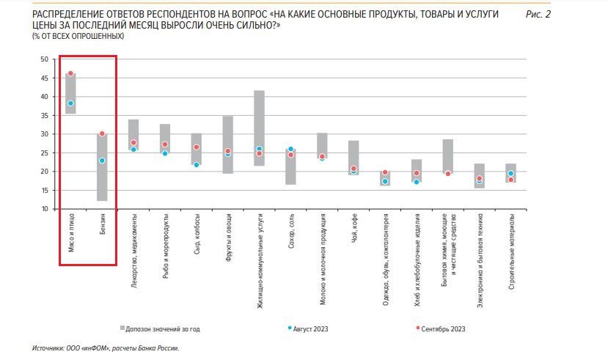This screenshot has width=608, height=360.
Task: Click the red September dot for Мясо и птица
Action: pyautogui.click(x=70, y=73)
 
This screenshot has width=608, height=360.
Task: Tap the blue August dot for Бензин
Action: pyautogui.click(x=102, y=161)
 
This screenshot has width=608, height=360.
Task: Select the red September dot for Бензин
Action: pyautogui.click(x=102, y=134)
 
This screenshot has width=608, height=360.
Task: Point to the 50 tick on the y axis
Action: pyautogui.click(x=45, y=59)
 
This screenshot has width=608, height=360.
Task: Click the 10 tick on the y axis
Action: pyautogui.click(x=45, y=209)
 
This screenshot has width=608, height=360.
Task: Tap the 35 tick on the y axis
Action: pyautogui.click(x=45, y=115)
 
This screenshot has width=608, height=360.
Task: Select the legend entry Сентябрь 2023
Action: pyautogui.click(x=442, y=328)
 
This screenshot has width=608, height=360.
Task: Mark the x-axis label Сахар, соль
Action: pyautogui.click(x=291, y=232)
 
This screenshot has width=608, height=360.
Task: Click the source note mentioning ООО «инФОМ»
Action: pyautogui.click(x=106, y=348)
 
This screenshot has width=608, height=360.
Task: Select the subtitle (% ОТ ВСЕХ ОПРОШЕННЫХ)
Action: pyautogui.click(x=78, y=36)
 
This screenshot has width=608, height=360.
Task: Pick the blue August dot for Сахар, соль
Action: pyautogui.click(x=290, y=149)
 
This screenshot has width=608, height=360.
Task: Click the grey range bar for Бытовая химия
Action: pyautogui.click(x=448, y=156)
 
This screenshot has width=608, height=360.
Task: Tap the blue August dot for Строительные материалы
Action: pyautogui.click(x=511, y=174)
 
